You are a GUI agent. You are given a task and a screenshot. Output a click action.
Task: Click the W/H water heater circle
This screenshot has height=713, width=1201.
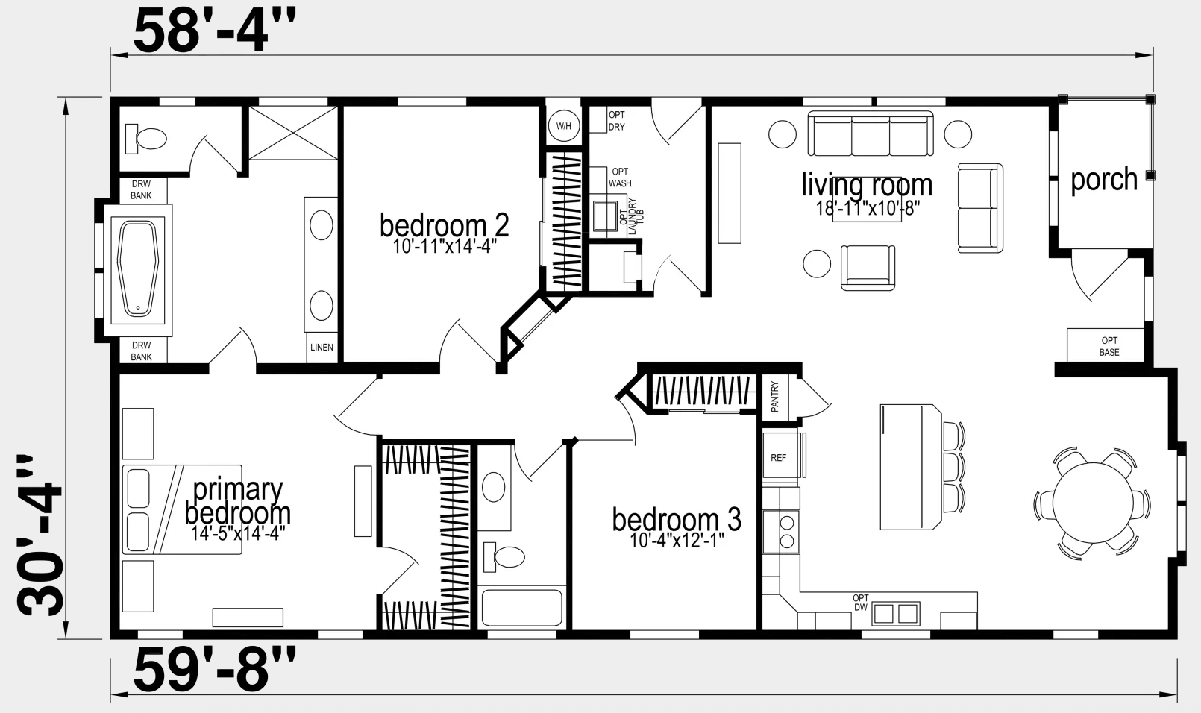click(x=563, y=126)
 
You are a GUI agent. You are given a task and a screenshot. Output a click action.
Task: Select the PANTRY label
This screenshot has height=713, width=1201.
click(x=775, y=397)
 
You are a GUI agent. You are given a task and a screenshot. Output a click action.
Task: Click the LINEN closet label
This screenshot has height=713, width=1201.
click(x=322, y=348)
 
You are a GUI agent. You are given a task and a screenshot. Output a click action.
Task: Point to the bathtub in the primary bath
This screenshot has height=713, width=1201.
click(x=138, y=270)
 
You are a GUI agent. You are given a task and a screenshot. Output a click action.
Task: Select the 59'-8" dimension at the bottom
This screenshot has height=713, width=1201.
click(x=215, y=670)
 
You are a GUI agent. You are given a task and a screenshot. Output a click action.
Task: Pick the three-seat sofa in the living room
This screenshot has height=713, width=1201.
click(x=871, y=134)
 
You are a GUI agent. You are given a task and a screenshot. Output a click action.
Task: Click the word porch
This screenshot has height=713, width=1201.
click(x=1104, y=180)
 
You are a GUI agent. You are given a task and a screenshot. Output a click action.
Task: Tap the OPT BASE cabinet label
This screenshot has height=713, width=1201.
click(x=1109, y=346)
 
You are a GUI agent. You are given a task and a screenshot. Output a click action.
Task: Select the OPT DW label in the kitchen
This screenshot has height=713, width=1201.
click(x=861, y=603)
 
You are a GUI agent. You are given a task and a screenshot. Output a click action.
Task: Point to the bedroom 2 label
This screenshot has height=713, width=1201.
click(x=445, y=225)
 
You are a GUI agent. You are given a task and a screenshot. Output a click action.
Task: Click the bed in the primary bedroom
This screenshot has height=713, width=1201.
click(x=182, y=509)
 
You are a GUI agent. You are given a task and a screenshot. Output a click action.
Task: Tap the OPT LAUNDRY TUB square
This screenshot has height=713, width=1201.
click(x=605, y=216)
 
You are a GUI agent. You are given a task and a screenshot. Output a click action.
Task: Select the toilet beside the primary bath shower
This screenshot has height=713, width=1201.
click(x=146, y=139)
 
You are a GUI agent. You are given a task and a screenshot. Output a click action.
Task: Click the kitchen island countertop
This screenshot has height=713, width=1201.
click(x=910, y=467)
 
